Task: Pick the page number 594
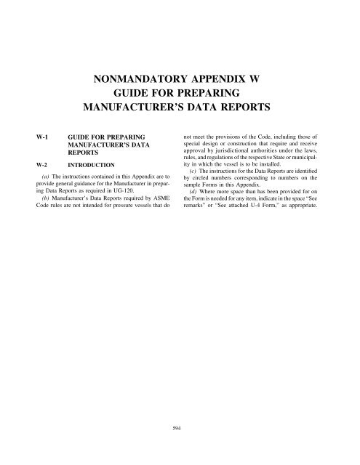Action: (x=180, y=428)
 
